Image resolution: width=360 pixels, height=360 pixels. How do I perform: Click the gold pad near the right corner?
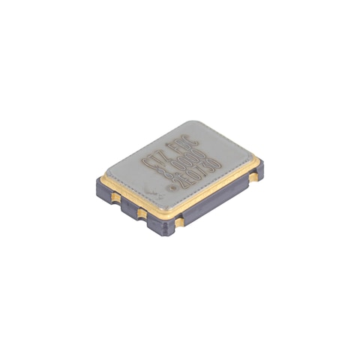255,178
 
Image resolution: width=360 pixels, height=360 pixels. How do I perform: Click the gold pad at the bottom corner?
179,223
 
